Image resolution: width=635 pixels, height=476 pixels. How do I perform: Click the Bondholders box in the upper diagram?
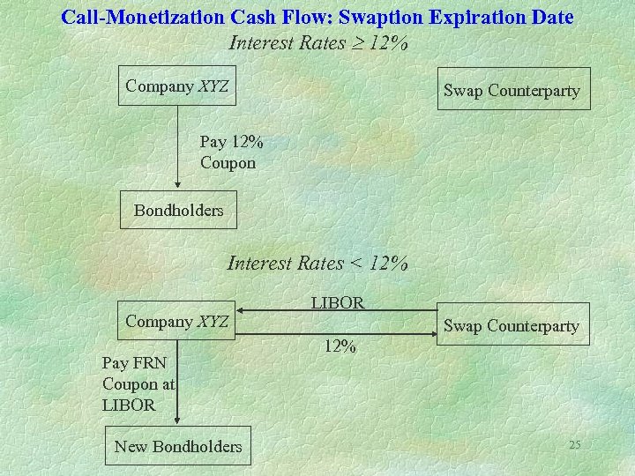178,210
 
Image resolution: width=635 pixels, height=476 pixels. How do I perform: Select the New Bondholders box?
178,446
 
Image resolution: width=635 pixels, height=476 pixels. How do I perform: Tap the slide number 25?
574,445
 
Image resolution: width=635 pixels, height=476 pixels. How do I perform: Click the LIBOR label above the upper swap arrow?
338,302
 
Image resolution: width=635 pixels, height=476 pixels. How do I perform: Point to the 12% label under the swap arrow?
340,346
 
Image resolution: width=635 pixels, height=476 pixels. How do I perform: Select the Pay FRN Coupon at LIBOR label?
138,383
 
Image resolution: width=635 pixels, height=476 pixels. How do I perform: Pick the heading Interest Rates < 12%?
317,263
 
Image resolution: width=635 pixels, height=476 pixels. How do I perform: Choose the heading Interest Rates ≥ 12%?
317,42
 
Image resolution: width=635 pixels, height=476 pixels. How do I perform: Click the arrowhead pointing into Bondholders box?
178,185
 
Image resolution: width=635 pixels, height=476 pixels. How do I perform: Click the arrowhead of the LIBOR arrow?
243,310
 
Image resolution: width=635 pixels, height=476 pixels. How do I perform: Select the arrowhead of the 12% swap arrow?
433,333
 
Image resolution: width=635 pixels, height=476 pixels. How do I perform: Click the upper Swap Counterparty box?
513,89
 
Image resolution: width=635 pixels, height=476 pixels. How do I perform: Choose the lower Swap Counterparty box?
513,324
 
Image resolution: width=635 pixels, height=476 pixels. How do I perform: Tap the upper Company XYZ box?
178,86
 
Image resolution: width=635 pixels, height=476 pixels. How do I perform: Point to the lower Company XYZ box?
178,321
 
